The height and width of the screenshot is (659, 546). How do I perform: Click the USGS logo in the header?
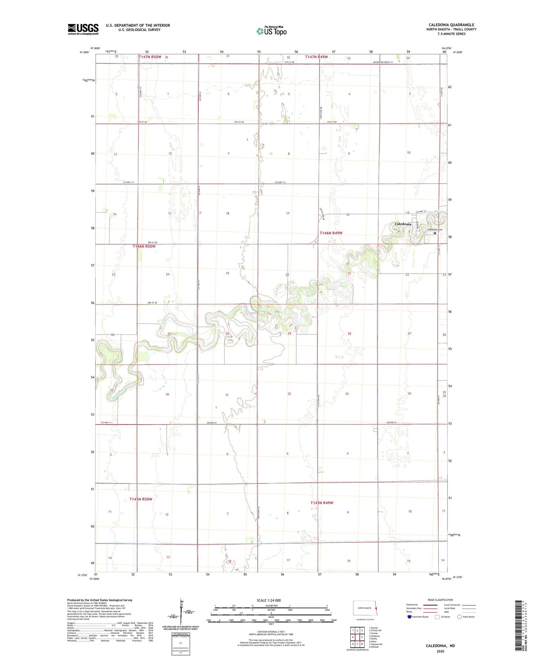point(83,29)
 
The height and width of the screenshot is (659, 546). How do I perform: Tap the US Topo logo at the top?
point(271,31)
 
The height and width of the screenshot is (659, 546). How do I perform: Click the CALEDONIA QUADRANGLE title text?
point(451,25)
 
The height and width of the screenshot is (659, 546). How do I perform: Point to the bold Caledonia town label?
point(403,224)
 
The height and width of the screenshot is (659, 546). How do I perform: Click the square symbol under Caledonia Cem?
point(435,233)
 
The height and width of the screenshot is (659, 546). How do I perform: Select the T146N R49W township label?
point(331,233)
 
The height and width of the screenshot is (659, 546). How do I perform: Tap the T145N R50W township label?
point(141,499)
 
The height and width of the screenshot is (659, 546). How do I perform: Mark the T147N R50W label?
point(150,57)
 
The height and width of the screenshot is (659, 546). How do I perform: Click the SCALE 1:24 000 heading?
point(269,600)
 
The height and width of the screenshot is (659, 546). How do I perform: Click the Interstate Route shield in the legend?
point(410,617)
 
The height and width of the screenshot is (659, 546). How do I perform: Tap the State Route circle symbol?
point(459,617)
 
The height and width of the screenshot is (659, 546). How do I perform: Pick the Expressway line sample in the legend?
point(430,605)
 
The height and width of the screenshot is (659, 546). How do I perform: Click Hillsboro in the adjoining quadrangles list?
point(375,636)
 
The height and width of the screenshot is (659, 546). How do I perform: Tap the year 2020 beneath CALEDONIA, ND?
point(440,651)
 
